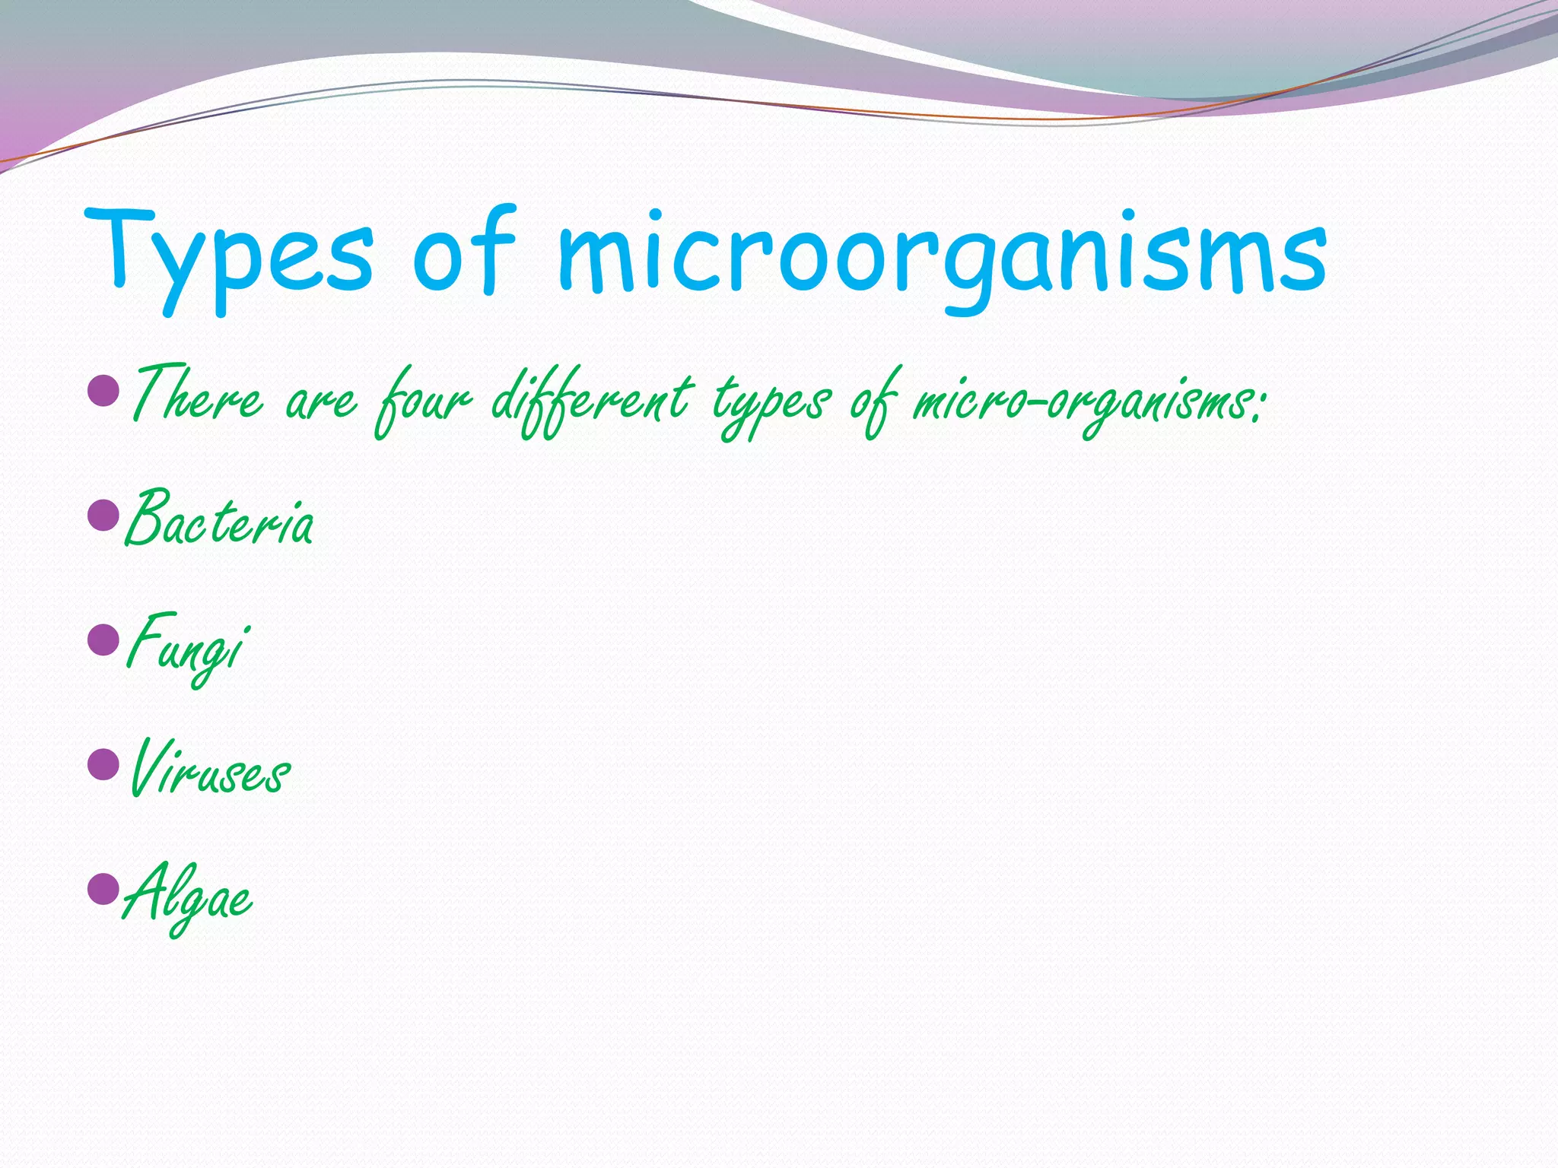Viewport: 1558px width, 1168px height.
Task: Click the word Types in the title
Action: [x=228, y=255]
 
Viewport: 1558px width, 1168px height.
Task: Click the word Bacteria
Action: [x=219, y=521]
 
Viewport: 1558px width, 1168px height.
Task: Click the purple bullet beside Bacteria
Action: [x=103, y=516]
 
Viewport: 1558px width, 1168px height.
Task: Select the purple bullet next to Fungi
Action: [x=103, y=640]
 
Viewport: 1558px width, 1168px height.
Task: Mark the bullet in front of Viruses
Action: [x=103, y=763]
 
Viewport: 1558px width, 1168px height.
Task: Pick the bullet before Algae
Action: [x=103, y=888]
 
